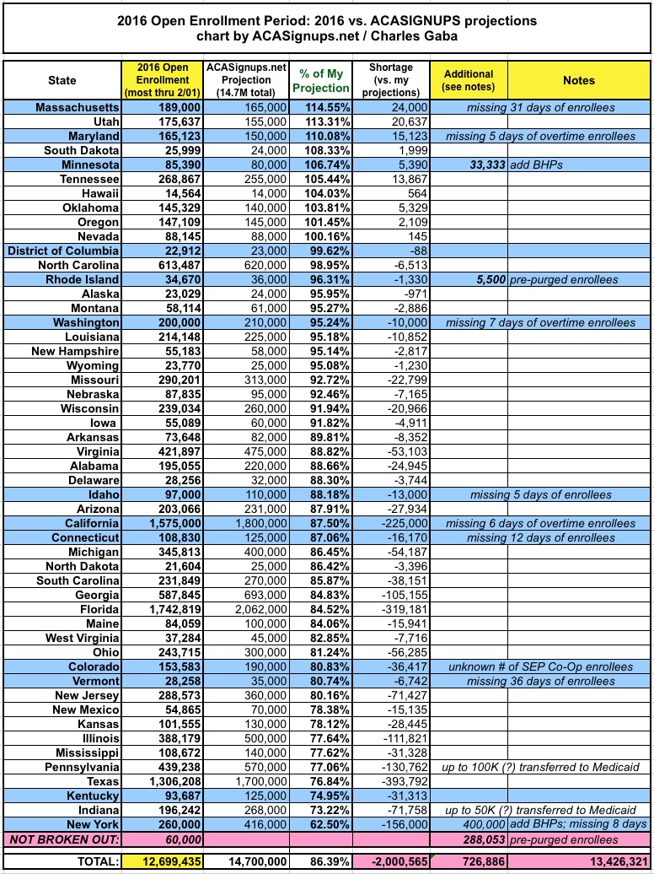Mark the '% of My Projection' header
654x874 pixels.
(x=320, y=80)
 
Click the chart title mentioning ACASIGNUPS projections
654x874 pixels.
(x=326, y=28)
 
